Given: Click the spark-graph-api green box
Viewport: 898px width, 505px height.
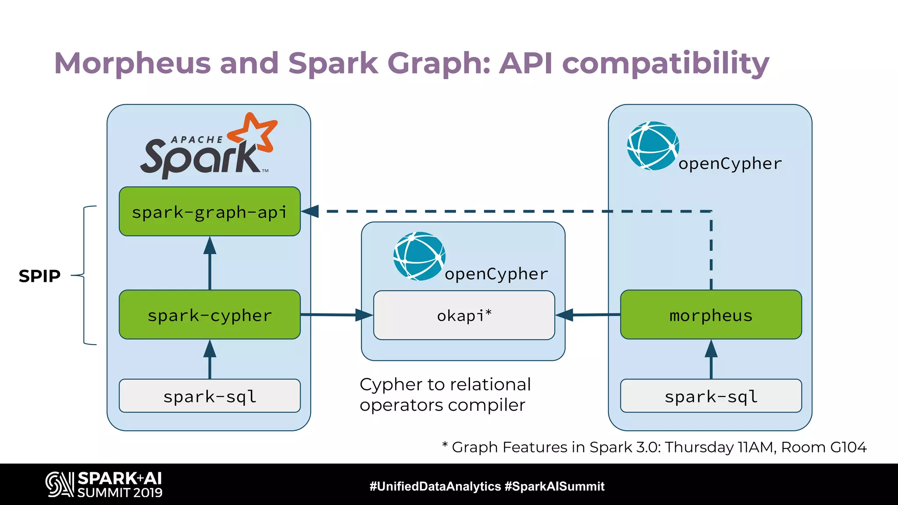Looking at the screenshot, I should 210,212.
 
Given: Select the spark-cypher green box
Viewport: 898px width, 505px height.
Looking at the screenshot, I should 210,315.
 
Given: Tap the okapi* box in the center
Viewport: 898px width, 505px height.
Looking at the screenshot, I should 464,315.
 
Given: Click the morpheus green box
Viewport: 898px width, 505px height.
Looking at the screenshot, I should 711,315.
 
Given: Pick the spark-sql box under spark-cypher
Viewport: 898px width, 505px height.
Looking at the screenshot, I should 210,396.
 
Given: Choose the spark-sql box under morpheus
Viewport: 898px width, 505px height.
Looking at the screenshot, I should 711,396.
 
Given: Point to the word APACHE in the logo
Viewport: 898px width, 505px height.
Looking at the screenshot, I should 197,140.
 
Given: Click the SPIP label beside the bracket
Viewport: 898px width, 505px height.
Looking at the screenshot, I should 39,276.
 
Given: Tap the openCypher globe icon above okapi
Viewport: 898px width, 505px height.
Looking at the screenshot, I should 419,256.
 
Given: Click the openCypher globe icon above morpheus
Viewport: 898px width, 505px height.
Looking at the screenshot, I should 653,146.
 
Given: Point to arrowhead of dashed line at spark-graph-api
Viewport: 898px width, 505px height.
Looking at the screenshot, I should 310,211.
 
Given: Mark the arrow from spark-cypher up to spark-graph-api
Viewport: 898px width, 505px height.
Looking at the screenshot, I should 210,263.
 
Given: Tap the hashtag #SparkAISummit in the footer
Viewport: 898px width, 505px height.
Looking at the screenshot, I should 554,486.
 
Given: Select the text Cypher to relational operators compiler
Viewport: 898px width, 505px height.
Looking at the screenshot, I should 445,395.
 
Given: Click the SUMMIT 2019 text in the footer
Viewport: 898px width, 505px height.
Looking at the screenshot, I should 120,493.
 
